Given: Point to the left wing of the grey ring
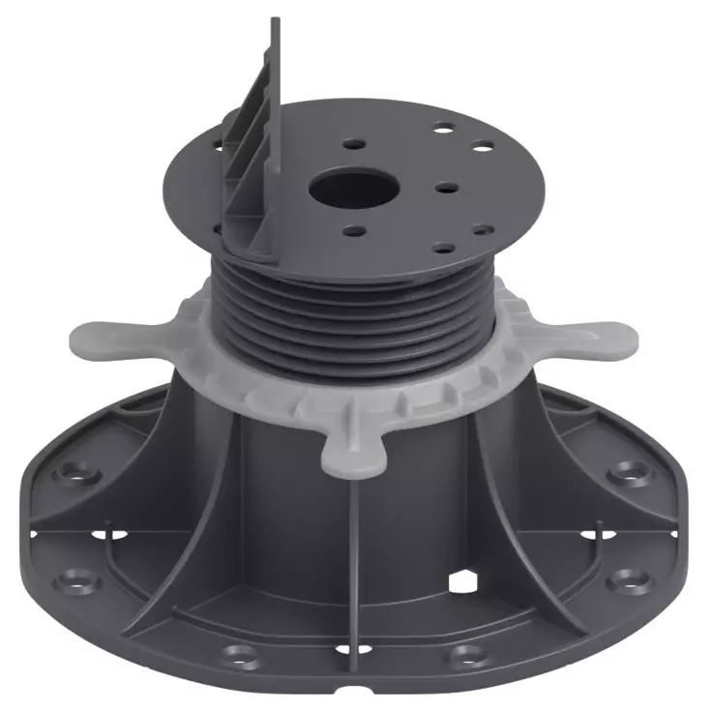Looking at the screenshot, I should point(106,339).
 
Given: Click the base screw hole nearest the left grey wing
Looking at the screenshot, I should point(76,472).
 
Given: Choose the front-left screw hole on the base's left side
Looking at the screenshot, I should point(73,581).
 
